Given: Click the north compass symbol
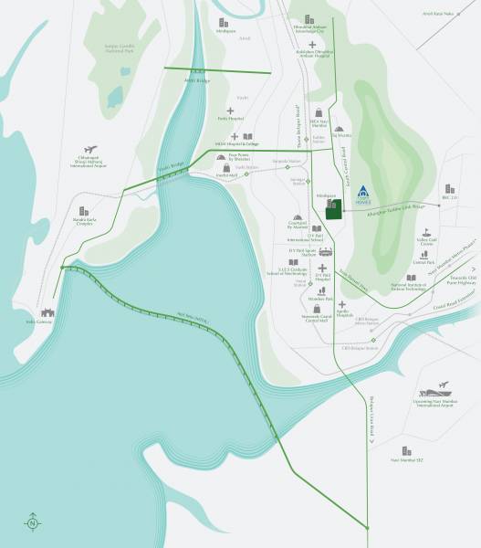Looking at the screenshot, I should [x=33, y=522].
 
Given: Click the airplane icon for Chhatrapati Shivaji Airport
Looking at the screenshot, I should [x=89, y=150].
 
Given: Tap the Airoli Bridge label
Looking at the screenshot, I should [x=197, y=81].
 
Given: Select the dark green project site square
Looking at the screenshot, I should [x=334, y=211].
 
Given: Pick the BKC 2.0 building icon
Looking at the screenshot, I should [x=447, y=188].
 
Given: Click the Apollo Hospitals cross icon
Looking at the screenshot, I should [x=341, y=304].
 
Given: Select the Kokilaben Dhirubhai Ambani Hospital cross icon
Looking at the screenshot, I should [x=312, y=44].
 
